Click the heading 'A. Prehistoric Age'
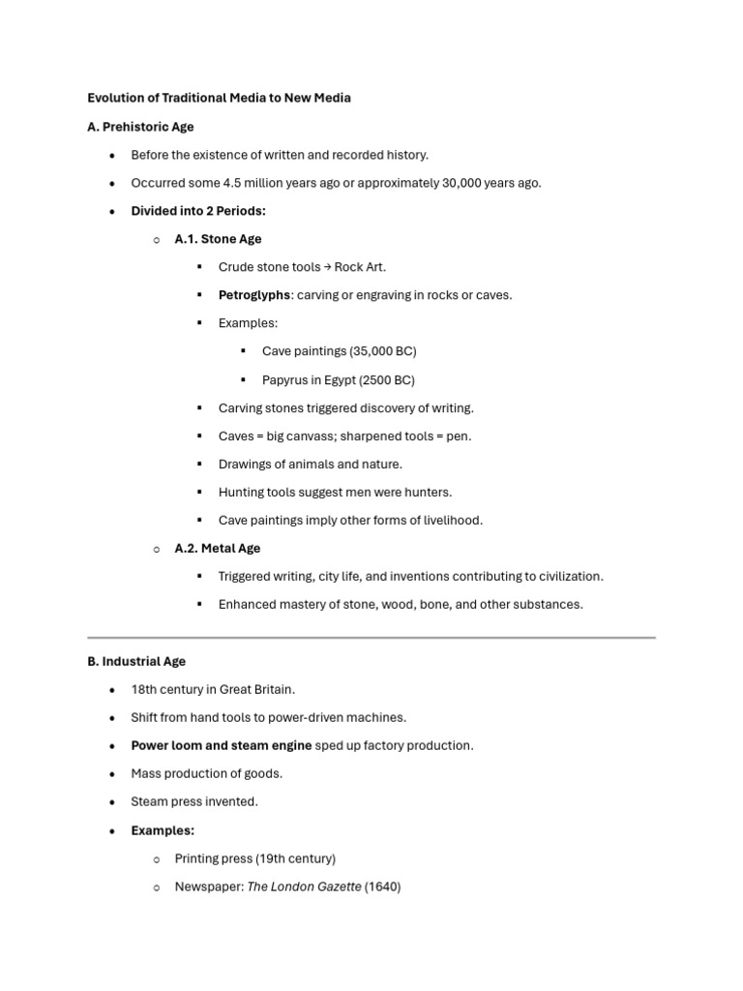pos(140,127)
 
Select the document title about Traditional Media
pos(219,98)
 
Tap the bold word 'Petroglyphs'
pos(253,295)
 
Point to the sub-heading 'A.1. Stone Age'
pos(218,239)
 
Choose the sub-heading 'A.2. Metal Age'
pos(217,548)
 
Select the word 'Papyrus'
pos(285,379)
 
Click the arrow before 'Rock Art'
pos(327,267)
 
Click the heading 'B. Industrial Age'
pos(136,661)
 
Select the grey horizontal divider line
pos(371,638)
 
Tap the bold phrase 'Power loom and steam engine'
pos(222,745)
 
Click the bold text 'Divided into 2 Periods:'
pos(198,211)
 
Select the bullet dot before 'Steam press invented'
pos(112,802)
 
